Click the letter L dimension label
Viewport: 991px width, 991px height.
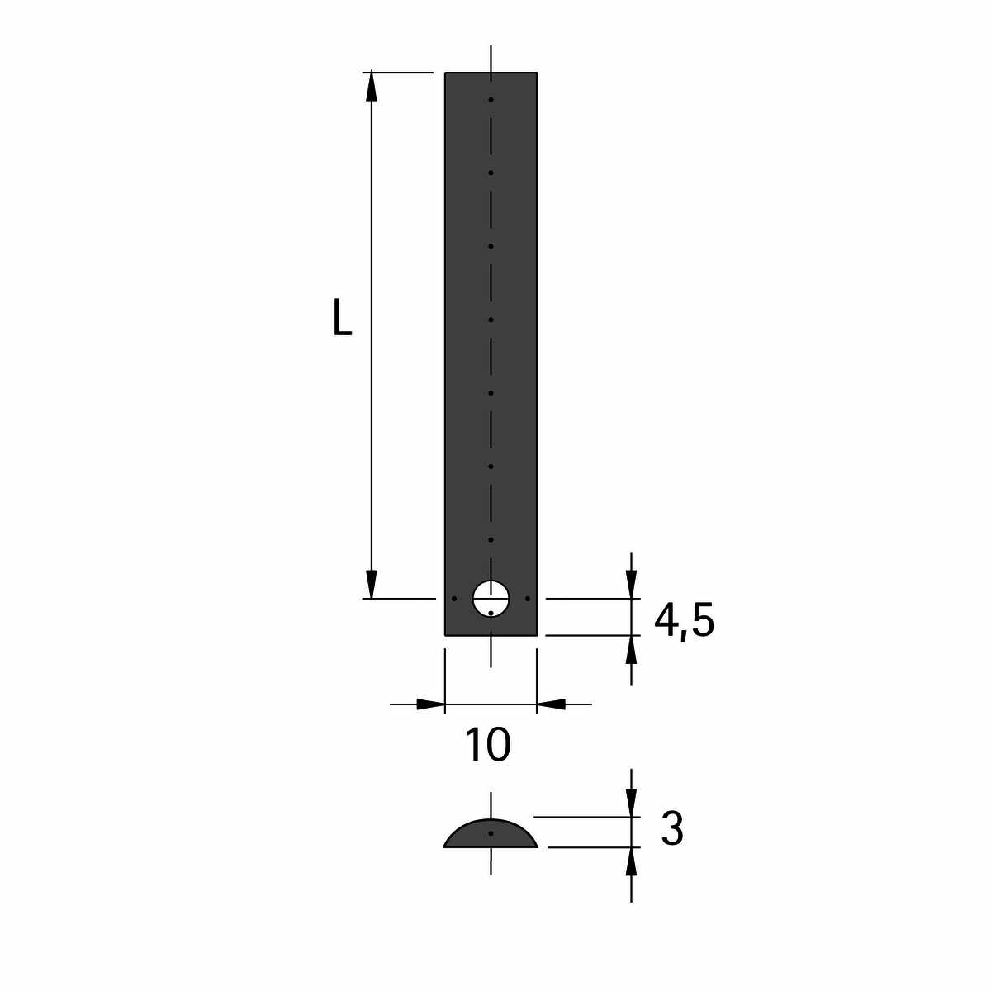coord(343,317)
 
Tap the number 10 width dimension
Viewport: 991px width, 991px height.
coord(487,744)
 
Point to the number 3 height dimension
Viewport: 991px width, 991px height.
coord(672,829)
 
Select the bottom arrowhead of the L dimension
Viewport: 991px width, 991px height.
coord(372,585)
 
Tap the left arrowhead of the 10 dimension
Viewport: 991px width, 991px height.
coord(430,704)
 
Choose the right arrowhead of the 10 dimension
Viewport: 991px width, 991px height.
coord(551,704)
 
